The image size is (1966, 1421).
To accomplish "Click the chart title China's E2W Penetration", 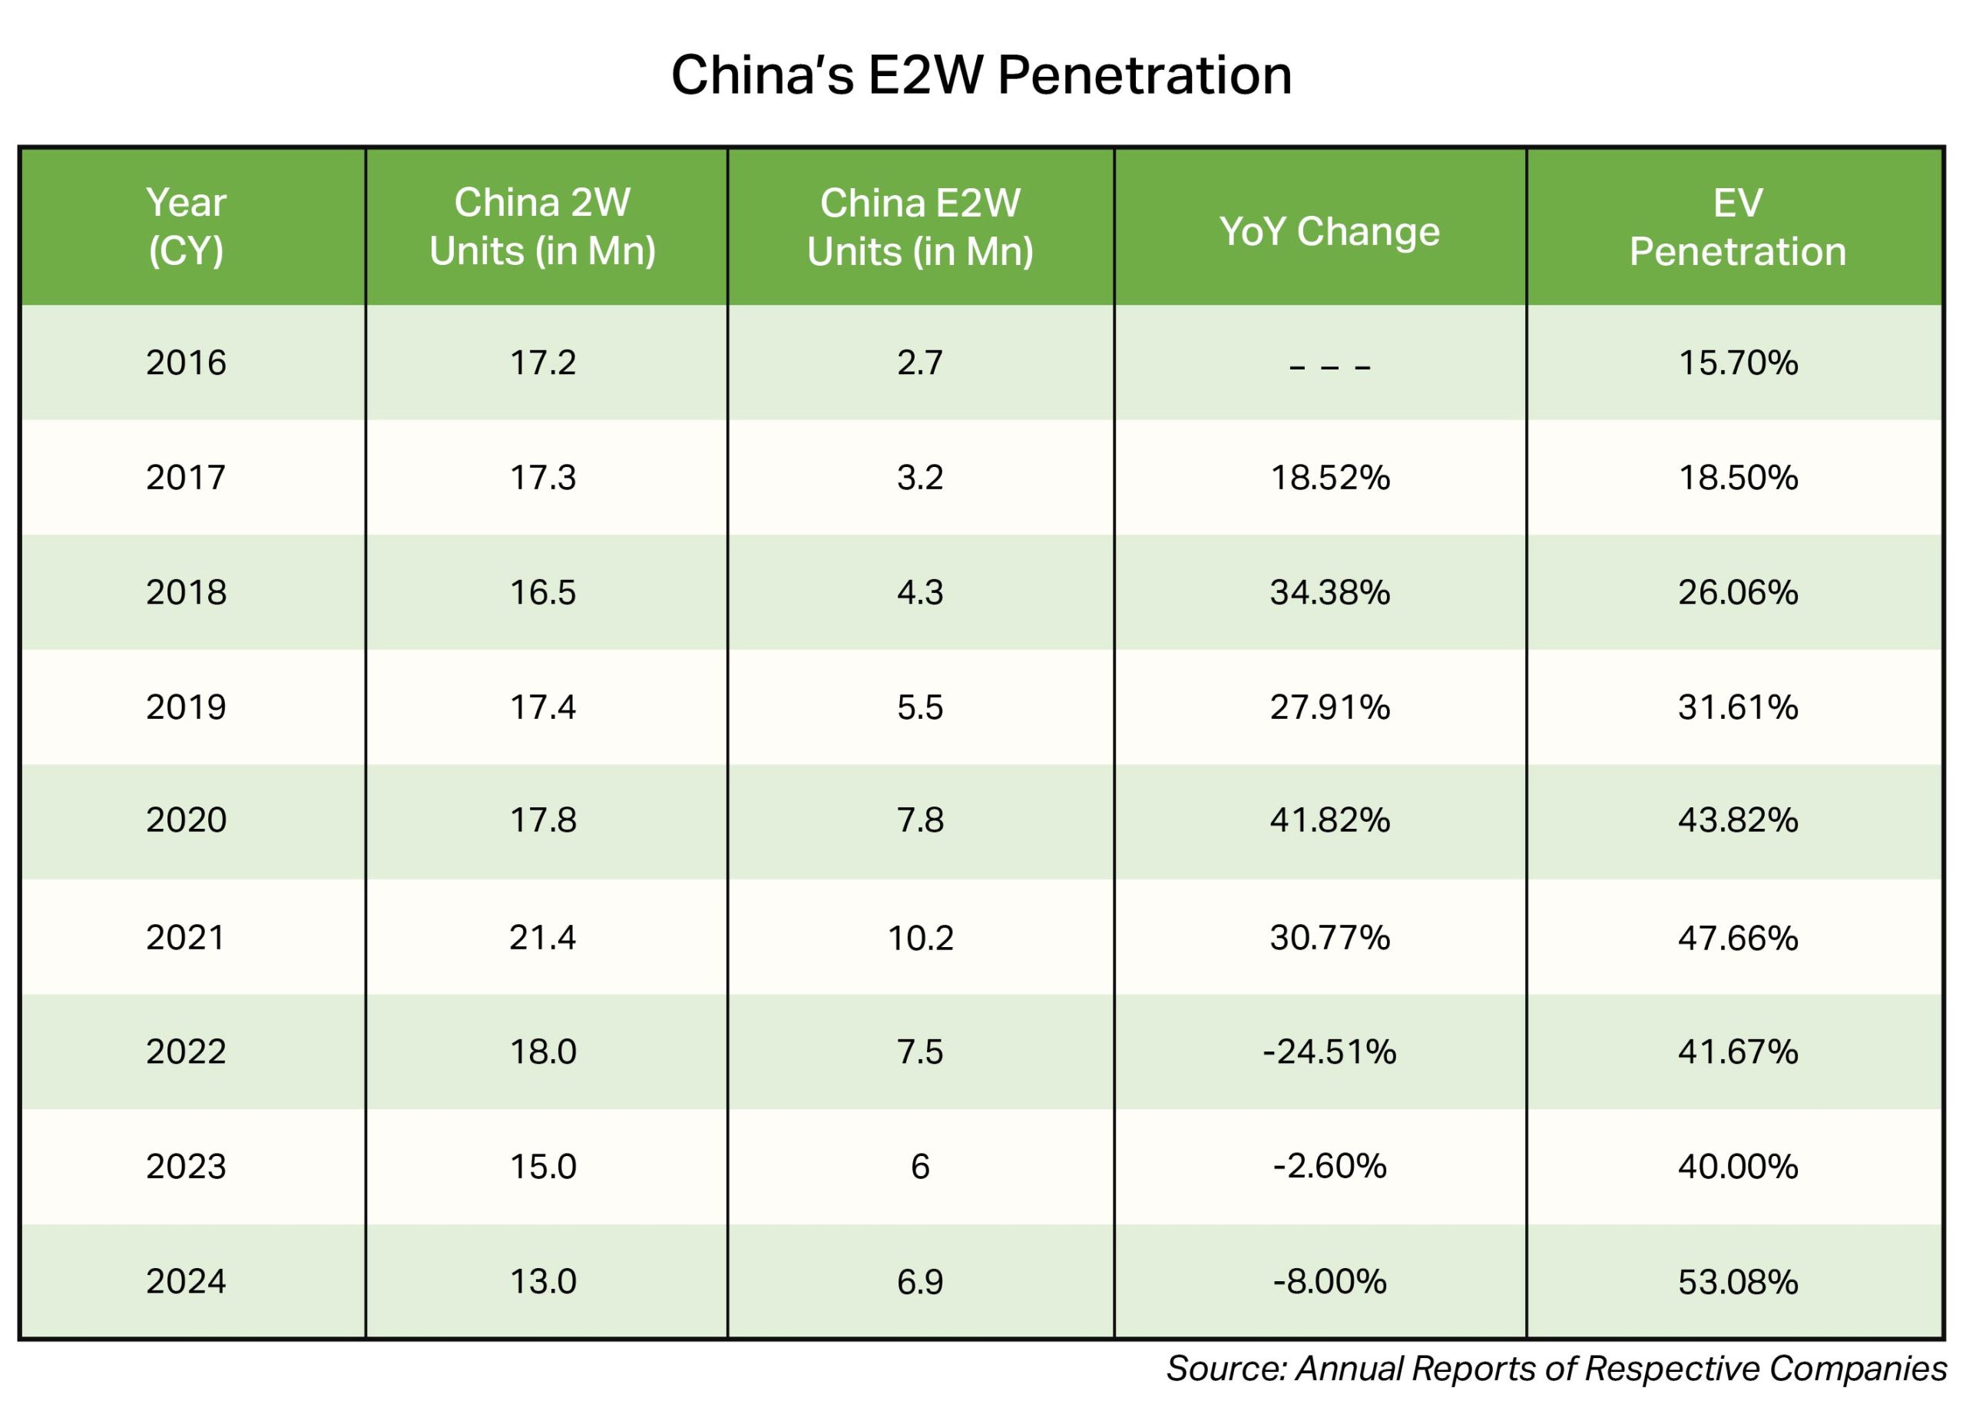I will coord(981,75).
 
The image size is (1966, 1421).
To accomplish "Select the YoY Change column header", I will coord(1329,230).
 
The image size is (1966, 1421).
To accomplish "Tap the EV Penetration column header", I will coord(1737,227).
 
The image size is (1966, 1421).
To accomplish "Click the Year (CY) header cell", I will coord(186,227).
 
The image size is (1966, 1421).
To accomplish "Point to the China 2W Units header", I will coord(543,227).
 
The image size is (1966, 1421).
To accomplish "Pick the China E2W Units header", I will coord(920,227).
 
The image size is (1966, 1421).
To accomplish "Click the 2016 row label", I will coord(186,363).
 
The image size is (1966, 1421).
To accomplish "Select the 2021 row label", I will coord(186,938).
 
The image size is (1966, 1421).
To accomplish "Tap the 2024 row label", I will coord(186,1281).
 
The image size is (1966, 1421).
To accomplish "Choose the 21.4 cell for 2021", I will coord(543,938).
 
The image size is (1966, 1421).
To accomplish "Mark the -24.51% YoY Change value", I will coord(1329,1052).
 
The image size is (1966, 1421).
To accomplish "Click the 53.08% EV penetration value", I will coord(1737,1281).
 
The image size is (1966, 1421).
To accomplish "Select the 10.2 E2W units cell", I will coord(920,938).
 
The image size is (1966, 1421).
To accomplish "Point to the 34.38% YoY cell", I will coord(1329,592).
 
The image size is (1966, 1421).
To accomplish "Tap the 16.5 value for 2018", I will coord(543,592).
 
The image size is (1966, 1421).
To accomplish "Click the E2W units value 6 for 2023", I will coord(920,1167).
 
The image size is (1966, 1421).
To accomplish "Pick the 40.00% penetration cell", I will coord(1737,1167).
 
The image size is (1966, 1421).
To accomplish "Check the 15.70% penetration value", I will coord(1737,363).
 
